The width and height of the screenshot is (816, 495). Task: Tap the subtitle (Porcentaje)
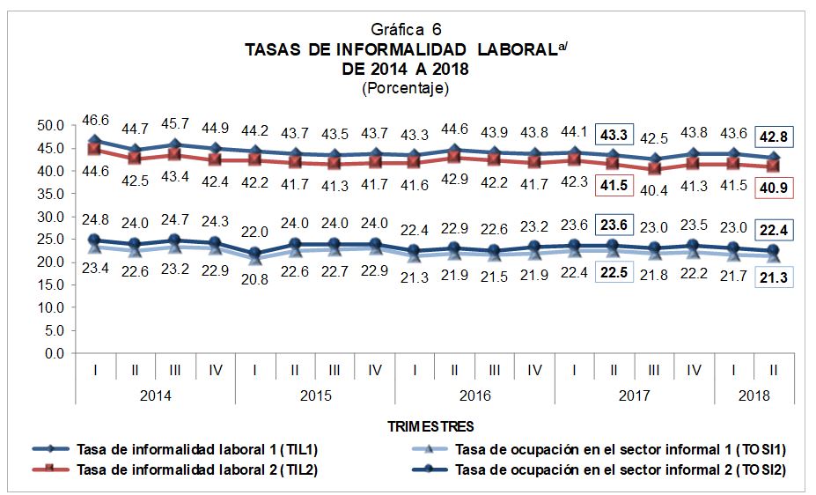click(404, 88)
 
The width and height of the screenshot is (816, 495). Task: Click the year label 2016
click(474, 395)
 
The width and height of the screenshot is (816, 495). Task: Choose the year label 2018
click(754, 395)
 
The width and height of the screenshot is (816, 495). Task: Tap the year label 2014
click(155, 395)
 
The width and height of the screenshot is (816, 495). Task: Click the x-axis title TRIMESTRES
click(431, 426)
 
